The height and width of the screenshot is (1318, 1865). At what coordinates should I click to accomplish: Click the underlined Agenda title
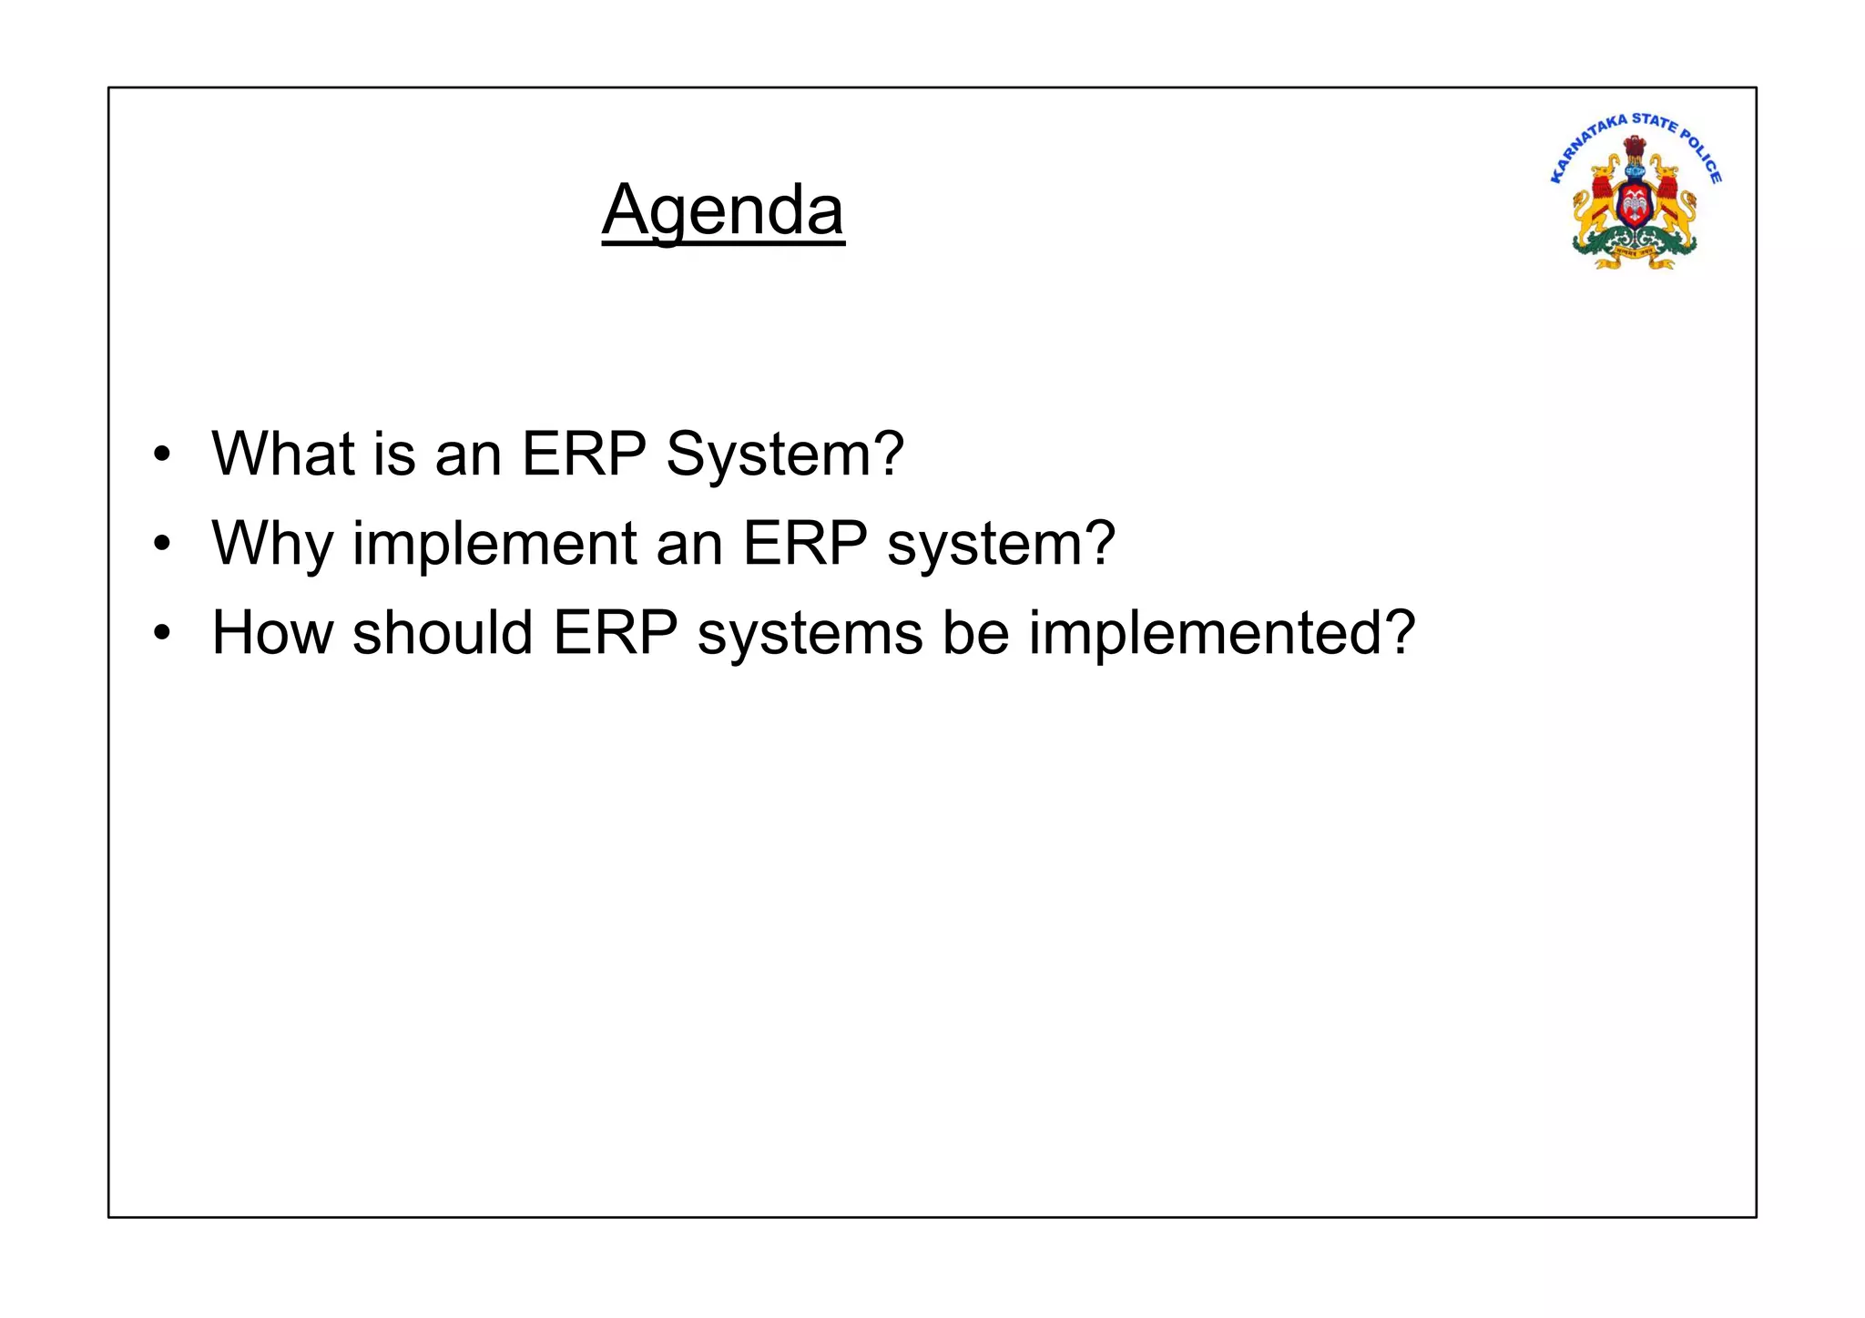click(x=723, y=210)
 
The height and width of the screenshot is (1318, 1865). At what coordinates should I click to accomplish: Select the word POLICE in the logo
click(x=1702, y=156)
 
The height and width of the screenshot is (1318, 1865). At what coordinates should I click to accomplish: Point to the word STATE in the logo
click(x=1654, y=121)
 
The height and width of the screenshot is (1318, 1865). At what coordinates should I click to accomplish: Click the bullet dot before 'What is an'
click(x=162, y=455)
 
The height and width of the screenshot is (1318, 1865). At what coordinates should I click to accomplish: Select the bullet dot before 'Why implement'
click(x=162, y=544)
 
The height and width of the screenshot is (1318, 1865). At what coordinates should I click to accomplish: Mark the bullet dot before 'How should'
click(x=162, y=633)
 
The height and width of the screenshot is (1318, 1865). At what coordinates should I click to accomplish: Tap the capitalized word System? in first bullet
click(x=785, y=455)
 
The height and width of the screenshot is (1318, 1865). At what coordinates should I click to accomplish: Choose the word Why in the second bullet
click(x=272, y=544)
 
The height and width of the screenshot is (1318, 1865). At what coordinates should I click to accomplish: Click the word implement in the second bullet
click(x=494, y=544)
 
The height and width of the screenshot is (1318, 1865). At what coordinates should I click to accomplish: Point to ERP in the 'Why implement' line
click(x=804, y=543)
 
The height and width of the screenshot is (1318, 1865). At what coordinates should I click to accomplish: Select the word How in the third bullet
click(x=272, y=632)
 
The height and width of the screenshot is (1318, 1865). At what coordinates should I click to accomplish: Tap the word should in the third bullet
click(x=443, y=632)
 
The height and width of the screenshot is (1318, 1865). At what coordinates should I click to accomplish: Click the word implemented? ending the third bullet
click(x=1222, y=634)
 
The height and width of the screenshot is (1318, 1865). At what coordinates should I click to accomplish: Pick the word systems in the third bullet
click(x=810, y=634)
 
